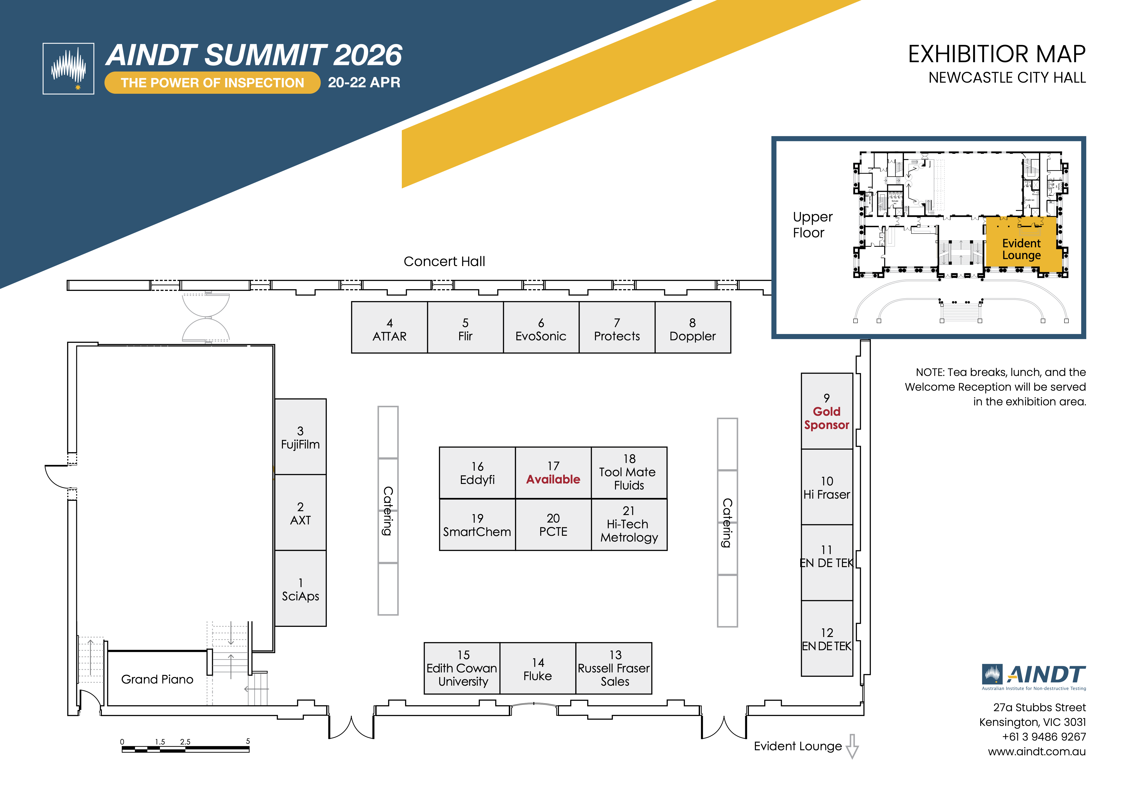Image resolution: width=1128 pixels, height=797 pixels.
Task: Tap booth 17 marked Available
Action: (553, 473)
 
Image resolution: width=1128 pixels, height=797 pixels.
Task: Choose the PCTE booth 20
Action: (553, 525)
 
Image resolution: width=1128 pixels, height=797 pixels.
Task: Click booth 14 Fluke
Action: (538, 669)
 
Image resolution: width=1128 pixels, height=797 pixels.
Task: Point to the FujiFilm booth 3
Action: (300, 437)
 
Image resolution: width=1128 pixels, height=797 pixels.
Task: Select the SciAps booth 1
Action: (300, 589)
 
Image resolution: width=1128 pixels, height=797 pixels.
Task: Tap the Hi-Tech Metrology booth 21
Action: (629, 525)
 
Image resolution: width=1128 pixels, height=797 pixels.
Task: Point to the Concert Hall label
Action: (444, 261)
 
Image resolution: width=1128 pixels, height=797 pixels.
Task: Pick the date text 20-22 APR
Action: (364, 82)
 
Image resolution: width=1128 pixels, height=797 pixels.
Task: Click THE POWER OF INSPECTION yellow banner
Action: (212, 82)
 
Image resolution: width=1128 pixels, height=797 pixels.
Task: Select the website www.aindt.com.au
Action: (1037, 751)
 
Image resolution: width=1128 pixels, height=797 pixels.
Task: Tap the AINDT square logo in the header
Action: (68, 68)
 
